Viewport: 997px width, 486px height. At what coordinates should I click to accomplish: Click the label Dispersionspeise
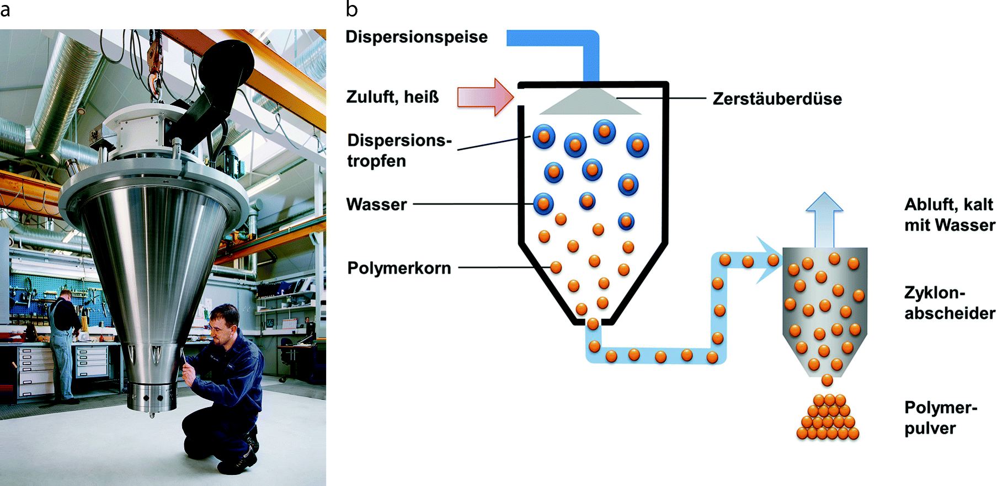click(x=417, y=37)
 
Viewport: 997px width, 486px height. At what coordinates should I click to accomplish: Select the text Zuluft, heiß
click(x=392, y=97)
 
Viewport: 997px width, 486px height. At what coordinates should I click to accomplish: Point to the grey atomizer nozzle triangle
click(x=590, y=103)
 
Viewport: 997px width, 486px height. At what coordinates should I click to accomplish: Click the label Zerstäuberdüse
click(x=777, y=99)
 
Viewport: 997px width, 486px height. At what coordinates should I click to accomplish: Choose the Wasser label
click(x=376, y=205)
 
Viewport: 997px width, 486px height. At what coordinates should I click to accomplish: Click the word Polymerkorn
click(x=399, y=268)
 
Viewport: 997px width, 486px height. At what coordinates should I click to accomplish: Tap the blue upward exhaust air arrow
click(x=824, y=220)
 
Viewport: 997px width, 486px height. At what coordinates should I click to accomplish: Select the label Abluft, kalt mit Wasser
click(x=950, y=215)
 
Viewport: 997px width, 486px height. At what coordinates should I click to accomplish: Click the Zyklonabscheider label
click(x=950, y=303)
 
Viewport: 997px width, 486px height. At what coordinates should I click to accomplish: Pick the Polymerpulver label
click(x=940, y=418)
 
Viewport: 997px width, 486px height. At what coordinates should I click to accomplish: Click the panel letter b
click(x=352, y=9)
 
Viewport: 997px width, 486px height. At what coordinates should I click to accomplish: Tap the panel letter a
click(x=5, y=9)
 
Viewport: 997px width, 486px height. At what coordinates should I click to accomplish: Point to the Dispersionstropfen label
click(x=399, y=151)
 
